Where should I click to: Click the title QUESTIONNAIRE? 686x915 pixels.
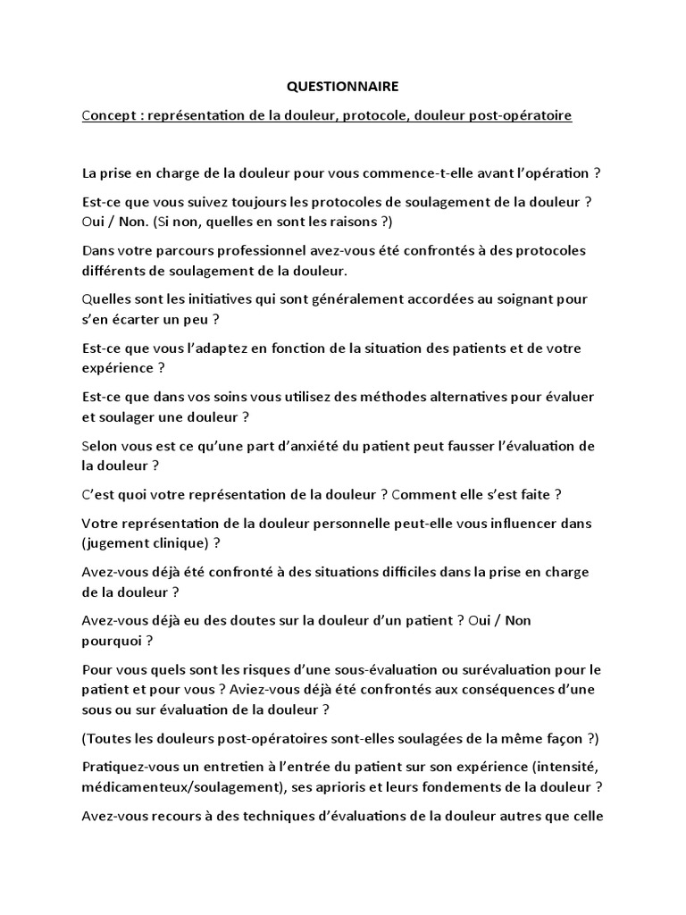coord(343,87)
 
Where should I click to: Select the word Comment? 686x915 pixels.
coord(428,493)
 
